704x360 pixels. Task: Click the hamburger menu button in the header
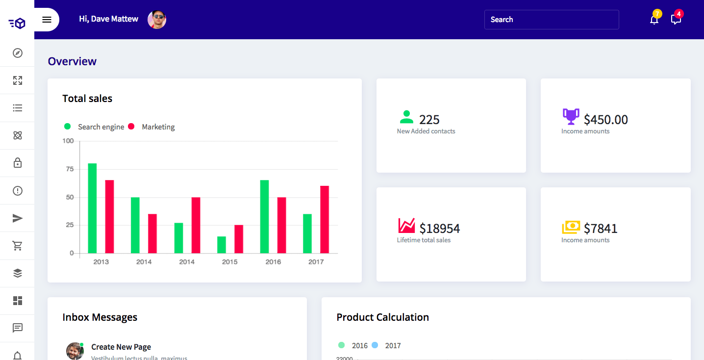[47, 20]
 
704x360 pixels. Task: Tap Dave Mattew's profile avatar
[157, 20]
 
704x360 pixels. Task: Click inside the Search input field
[551, 20]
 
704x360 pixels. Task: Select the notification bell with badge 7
[654, 19]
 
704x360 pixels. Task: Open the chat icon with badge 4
[676, 19]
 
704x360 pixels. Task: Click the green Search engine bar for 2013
[92, 208]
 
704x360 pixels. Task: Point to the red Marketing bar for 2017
[325, 220]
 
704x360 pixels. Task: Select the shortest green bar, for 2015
[222, 245]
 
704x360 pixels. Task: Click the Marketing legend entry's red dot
[131, 127]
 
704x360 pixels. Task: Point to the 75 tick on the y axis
[68, 169]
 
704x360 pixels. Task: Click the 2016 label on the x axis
[273, 262]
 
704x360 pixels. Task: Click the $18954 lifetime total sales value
[439, 229]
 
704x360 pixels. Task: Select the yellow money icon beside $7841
[571, 227]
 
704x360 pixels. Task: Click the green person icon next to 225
[406, 117]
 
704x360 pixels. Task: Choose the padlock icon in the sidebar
[18, 163]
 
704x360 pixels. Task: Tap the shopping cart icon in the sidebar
[18, 246]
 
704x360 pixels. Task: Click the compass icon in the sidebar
[18, 53]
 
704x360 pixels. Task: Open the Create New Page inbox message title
[121, 347]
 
